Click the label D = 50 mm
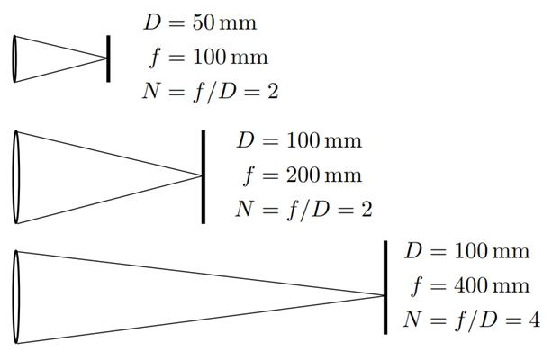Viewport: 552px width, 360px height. coord(200,22)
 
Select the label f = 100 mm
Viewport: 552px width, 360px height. coord(208,58)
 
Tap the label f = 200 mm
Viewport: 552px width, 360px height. coord(302,175)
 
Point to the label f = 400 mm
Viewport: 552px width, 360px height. coord(470,285)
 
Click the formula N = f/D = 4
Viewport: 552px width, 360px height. coord(471,320)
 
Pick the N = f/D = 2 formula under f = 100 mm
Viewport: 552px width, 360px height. coord(210,92)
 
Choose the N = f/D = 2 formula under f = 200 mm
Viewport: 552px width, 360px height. coord(303,210)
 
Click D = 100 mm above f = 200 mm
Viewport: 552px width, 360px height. coord(299,140)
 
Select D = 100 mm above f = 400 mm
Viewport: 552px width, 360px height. coord(467,251)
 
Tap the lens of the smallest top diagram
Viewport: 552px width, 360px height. coord(14,58)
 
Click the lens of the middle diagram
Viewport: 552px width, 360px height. coord(16,177)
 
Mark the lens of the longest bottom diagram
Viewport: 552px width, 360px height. coord(16,297)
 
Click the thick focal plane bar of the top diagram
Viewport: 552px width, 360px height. coord(108,58)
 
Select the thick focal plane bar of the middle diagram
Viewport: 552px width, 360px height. coord(204,177)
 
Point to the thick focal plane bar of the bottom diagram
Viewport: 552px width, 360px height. coord(385,287)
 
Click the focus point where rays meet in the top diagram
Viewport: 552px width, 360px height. coord(106,58)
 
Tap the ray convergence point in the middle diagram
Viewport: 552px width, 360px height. coord(202,175)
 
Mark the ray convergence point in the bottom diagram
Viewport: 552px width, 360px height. coord(384,295)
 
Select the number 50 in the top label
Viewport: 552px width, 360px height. coord(204,22)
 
